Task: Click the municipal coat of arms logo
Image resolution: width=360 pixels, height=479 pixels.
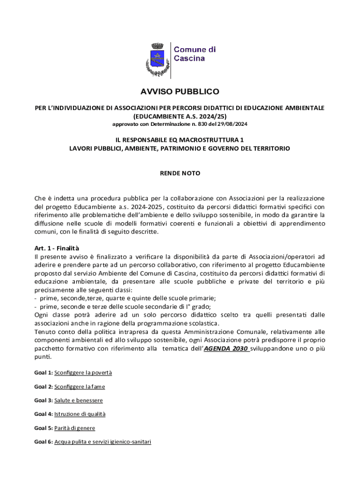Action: tap(157, 59)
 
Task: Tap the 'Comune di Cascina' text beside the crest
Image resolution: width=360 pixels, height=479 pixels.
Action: tap(195, 54)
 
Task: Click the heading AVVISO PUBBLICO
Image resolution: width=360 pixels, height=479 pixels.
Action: tap(180, 92)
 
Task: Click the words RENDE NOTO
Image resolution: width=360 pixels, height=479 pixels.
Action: tap(180, 173)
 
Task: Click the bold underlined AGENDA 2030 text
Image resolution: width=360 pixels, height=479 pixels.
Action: tap(226, 348)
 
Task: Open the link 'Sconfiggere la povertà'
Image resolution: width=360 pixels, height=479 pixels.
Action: tap(83, 373)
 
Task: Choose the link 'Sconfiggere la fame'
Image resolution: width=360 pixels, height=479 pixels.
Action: tap(79, 386)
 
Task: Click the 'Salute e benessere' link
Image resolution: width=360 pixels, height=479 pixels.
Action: tap(79, 400)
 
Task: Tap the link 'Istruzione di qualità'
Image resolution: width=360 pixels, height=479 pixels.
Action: tap(80, 414)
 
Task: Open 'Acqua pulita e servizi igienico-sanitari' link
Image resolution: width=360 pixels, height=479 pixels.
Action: tap(103, 442)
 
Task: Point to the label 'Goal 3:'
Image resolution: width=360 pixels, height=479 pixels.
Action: tap(43, 400)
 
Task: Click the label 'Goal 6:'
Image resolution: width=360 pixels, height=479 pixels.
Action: tap(43, 442)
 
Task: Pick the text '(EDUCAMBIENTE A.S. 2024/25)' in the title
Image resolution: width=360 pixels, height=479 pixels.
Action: tap(180, 116)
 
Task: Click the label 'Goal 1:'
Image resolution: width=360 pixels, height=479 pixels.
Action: tap(43, 373)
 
